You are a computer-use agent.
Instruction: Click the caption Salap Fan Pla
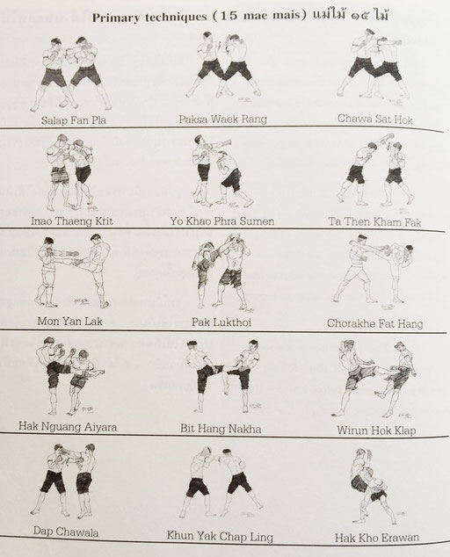(x=74, y=120)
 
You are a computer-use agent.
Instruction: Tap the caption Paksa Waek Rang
(x=223, y=119)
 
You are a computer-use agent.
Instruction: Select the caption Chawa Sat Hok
(x=375, y=119)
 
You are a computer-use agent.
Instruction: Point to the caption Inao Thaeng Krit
(x=72, y=221)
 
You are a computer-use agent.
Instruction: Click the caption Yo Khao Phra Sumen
(x=222, y=221)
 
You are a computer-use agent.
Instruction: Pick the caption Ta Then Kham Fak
(x=374, y=222)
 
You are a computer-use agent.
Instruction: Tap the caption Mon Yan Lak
(x=69, y=322)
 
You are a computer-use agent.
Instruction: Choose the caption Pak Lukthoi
(x=221, y=322)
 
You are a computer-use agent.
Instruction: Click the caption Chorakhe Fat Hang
(x=375, y=323)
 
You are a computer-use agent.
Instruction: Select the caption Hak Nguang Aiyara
(x=68, y=426)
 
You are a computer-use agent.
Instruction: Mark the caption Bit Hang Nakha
(x=221, y=429)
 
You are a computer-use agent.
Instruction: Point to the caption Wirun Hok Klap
(x=376, y=430)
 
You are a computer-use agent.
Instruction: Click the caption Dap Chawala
(x=66, y=532)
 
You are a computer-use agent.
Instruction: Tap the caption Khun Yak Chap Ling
(x=220, y=536)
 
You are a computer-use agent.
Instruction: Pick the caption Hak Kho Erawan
(x=377, y=538)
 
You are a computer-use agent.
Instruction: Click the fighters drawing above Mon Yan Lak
(x=73, y=271)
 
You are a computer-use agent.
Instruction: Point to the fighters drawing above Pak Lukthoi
(x=224, y=273)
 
